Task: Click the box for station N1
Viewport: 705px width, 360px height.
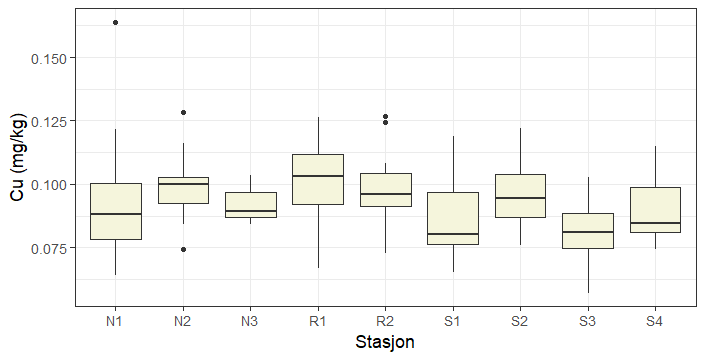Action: pos(116,211)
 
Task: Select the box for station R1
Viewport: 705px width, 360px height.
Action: pos(317,179)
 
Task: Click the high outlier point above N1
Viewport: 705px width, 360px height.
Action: pos(116,22)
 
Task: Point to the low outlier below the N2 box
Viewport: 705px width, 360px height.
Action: pos(183,249)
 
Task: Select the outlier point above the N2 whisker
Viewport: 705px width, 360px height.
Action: pos(183,112)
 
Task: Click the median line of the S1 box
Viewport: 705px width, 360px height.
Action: pos(452,234)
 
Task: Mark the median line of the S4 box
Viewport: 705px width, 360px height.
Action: pos(654,223)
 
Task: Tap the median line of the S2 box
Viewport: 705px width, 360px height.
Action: pos(519,198)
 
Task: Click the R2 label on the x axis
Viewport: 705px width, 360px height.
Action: pos(385,321)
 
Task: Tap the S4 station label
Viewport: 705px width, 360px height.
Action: pos(654,321)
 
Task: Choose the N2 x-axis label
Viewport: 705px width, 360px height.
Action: pos(183,321)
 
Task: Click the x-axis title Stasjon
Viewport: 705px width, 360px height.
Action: pos(385,342)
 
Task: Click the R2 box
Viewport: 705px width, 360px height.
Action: pos(385,190)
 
